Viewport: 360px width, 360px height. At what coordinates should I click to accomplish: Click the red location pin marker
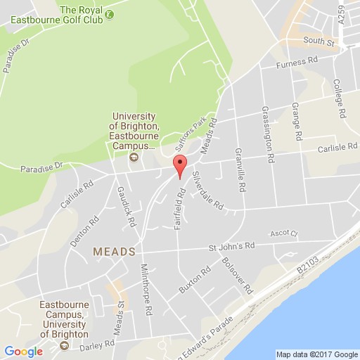[179, 166]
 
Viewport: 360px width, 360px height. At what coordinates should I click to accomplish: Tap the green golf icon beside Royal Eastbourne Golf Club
[108, 14]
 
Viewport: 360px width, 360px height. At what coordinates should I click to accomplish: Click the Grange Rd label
[298, 123]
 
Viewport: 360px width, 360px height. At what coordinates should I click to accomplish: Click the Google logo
[23, 351]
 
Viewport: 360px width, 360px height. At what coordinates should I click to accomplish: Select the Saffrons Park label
[181, 131]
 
